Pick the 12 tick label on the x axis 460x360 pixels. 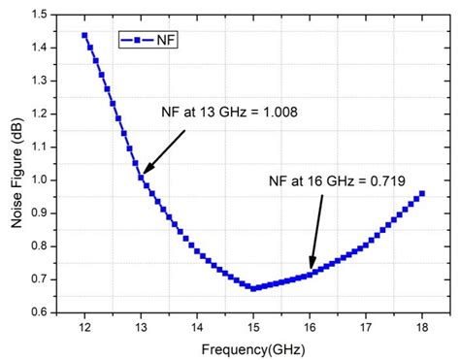[84, 328]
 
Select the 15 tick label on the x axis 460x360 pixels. [253, 328]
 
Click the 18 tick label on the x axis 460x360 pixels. [421, 328]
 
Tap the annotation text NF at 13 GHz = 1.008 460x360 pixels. [228, 112]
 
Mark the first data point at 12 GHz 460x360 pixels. [84, 35]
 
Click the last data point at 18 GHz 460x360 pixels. [421, 193]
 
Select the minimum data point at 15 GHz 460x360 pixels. [253, 288]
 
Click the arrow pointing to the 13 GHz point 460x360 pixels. [163, 153]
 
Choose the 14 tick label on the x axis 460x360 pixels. [197, 328]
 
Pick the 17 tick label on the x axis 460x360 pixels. [365, 328]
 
